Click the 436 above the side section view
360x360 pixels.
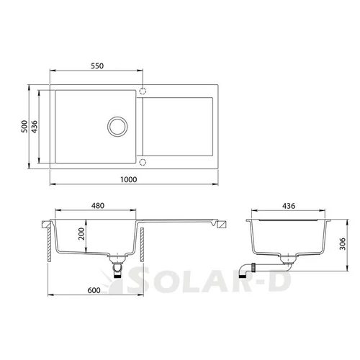tap(287, 205)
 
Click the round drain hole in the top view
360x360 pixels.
tap(117, 126)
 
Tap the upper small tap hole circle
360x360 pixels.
tap(142, 91)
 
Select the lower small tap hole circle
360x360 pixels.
tap(142, 161)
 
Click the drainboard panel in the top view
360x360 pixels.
tap(179, 126)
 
